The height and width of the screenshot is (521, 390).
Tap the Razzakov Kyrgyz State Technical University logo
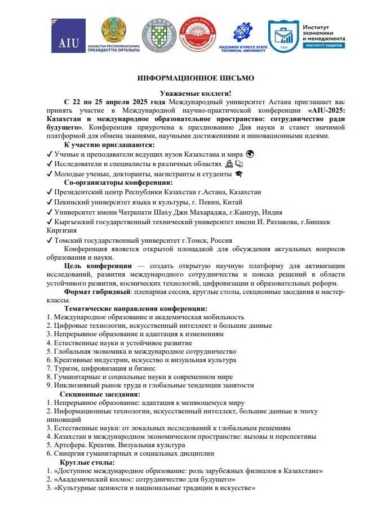[242, 35]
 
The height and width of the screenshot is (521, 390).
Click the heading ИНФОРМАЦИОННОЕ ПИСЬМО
[196, 78]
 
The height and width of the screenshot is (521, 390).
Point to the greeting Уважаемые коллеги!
[196, 93]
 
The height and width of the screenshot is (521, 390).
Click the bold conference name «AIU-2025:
[319, 110]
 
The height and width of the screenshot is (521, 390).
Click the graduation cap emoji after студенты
[238, 174]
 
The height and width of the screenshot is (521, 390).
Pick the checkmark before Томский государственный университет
[50, 240]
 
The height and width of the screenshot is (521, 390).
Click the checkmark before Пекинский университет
[50, 202]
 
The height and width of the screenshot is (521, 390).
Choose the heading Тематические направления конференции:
[135, 309]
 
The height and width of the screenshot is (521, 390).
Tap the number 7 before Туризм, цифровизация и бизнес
[48, 368]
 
